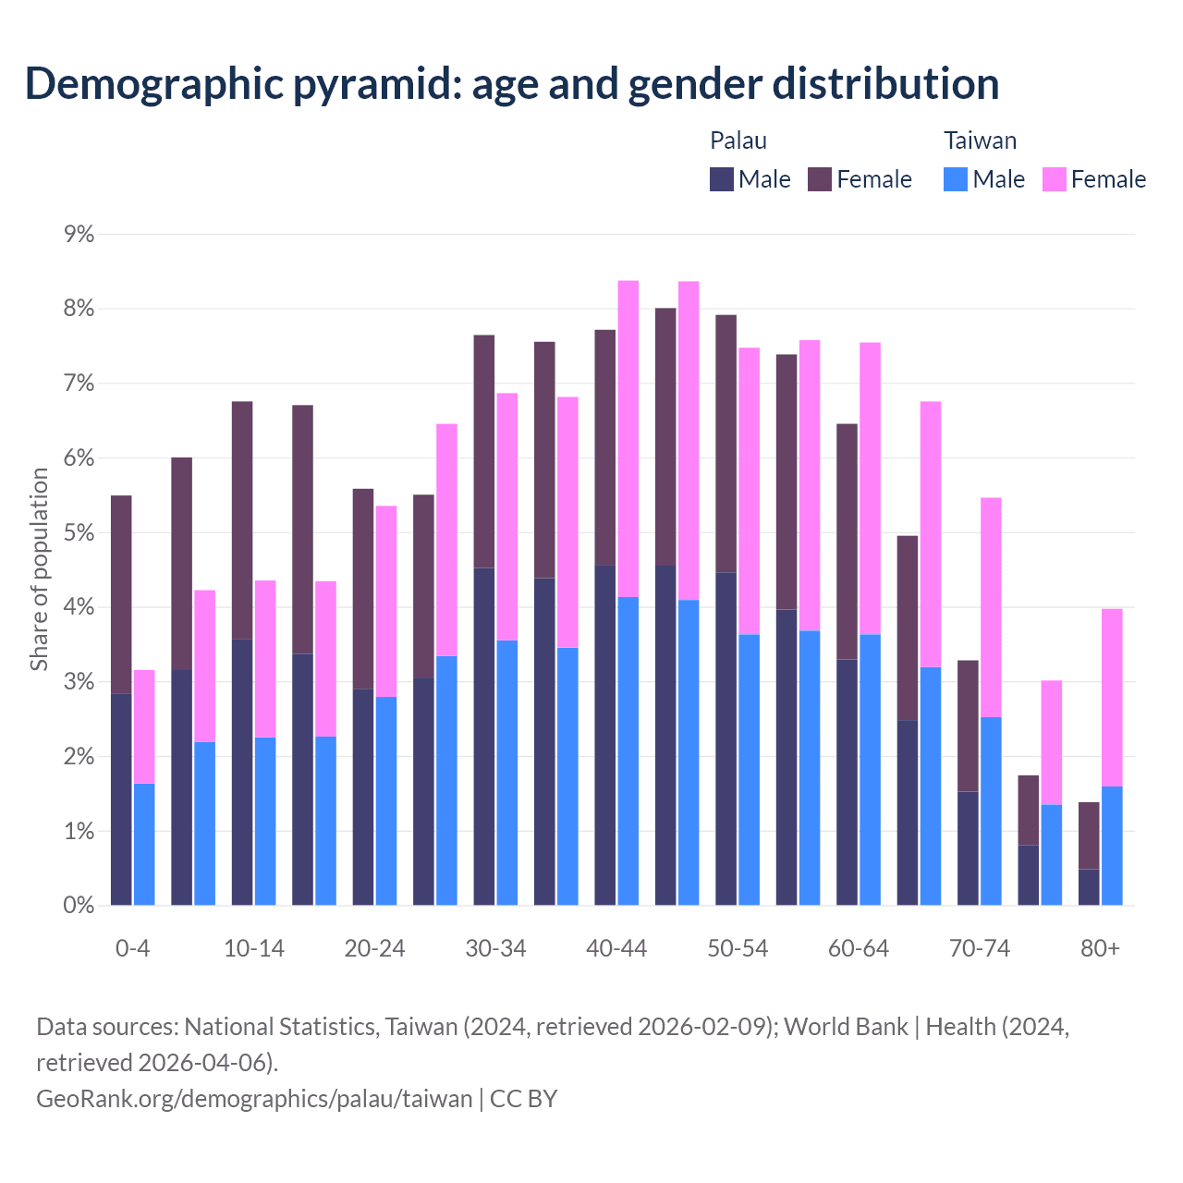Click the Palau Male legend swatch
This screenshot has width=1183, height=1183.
pyautogui.click(x=722, y=179)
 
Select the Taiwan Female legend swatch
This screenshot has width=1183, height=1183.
pyautogui.click(x=1055, y=179)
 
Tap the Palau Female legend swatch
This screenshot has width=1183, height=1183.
pyautogui.click(x=820, y=179)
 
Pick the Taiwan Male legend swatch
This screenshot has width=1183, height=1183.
pyautogui.click(x=956, y=179)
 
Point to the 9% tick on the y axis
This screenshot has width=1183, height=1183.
pyautogui.click(x=79, y=235)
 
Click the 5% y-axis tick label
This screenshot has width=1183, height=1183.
pyautogui.click(x=79, y=533)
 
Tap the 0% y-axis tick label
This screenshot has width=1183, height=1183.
pyautogui.click(x=79, y=906)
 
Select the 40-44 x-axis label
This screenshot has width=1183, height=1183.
pyautogui.click(x=616, y=949)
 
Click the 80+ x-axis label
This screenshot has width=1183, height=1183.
pyautogui.click(x=1100, y=949)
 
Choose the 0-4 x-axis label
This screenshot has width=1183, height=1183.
pyautogui.click(x=132, y=949)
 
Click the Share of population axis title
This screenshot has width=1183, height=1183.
pyautogui.click(x=39, y=569)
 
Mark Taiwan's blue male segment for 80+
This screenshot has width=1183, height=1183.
pyautogui.click(x=1112, y=846)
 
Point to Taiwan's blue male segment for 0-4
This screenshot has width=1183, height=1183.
pyautogui.click(x=144, y=845)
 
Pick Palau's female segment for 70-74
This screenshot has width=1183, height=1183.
pyautogui.click(x=968, y=726)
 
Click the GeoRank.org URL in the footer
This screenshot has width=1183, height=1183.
pyautogui.click(x=254, y=1098)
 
